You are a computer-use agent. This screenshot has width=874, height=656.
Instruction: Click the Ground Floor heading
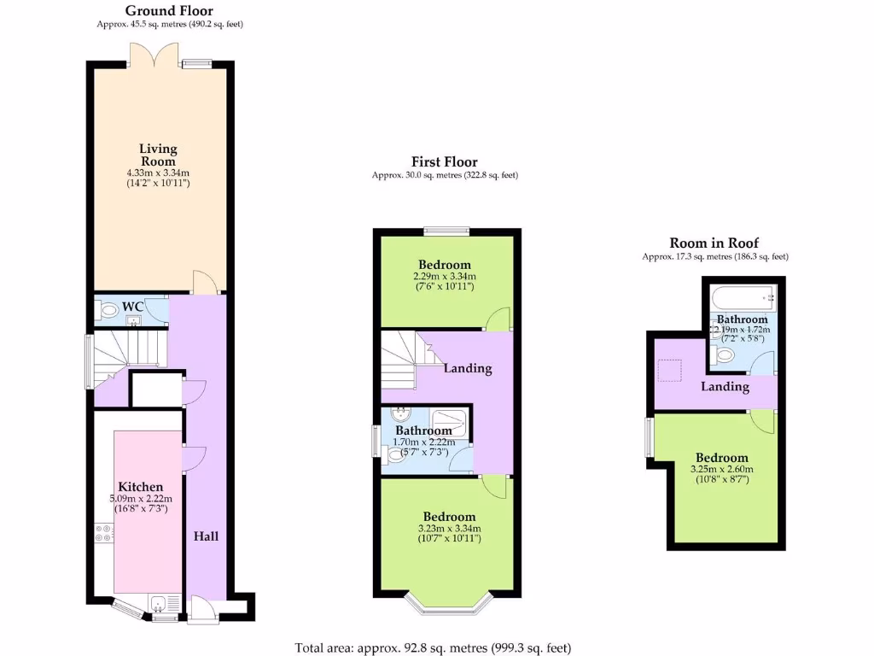[169, 11]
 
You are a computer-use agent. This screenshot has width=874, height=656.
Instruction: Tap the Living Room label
[158, 155]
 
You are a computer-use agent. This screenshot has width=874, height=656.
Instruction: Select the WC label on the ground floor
[132, 306]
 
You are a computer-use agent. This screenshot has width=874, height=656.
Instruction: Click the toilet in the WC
[108, 313]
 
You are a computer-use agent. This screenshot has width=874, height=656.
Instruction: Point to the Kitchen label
[140, 487]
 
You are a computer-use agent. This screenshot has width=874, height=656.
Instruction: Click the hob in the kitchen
[105, 534]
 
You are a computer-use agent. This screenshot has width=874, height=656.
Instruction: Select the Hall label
[206, 536]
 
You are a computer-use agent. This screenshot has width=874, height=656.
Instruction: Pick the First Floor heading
[444, 161]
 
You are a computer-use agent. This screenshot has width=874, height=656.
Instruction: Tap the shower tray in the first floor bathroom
[447, 422]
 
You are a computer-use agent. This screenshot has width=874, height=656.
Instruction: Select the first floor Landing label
[468, 368]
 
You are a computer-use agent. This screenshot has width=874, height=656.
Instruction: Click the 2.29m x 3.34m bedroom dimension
[444, 276]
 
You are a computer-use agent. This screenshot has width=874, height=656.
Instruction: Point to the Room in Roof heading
[714, 243]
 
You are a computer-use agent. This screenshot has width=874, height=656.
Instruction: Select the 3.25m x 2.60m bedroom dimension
[721, 469]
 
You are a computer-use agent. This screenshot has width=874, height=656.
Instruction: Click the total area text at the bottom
[433, 647]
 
